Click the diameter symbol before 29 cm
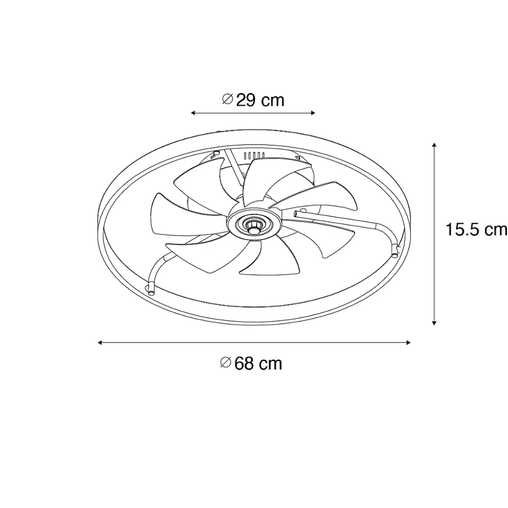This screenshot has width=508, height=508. pyautogui.click(x=227, y=99)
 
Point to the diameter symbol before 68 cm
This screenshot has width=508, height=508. pyautogui.click(x=225, y=363)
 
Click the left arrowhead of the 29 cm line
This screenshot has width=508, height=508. pyautogui.click(x=193, y=113)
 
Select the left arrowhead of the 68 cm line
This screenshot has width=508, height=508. pyautogui.click(x=100, y=343)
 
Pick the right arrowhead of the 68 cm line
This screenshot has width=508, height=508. pyautogui.click(x=408, y=343)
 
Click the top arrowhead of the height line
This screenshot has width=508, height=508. pyautogui.click(x=434, y=145)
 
